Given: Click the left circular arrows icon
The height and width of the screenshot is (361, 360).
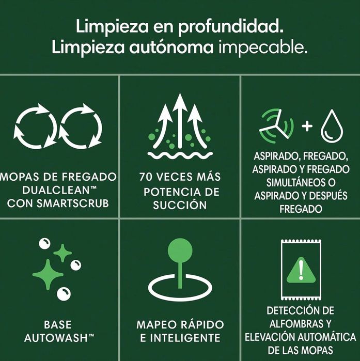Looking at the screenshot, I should (x=35, y=126).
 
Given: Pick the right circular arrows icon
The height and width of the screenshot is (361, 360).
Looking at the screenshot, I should (x=81, y=126).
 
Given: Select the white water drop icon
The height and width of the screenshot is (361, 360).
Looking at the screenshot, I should (x=331, y=127).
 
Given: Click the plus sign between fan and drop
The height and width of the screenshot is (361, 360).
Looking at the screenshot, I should (x=306, y=125).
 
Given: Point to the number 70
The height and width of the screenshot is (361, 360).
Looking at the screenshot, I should (x=147, y=177).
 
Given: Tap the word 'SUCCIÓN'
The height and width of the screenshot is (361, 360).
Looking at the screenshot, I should (x=179, y=205).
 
